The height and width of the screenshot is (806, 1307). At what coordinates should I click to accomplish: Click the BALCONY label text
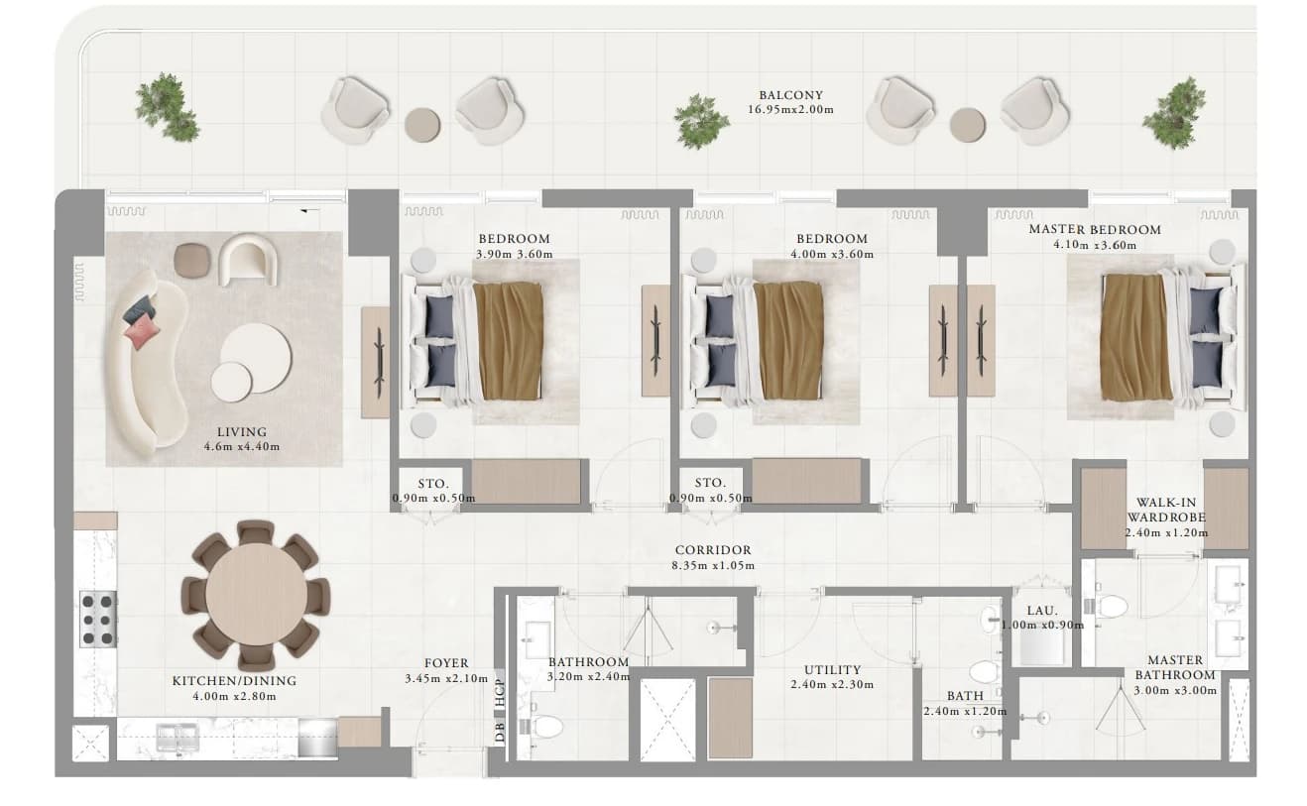[790, 94]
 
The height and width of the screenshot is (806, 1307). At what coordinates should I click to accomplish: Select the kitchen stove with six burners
[98, 619]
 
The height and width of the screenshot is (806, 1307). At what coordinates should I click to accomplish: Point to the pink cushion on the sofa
[142, 333]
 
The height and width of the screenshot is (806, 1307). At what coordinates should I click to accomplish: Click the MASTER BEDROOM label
[1095, 229]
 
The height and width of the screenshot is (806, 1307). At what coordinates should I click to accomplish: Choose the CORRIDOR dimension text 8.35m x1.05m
[713, 565]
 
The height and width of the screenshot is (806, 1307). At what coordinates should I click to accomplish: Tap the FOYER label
[446, 663]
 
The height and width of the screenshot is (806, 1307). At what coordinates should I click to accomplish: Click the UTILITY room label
[832, 669]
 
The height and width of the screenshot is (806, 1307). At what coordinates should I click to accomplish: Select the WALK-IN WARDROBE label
[1166, 510]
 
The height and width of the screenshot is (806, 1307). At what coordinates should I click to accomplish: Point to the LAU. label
[1042, 610]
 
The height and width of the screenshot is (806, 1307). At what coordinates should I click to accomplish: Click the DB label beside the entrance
[500, 732]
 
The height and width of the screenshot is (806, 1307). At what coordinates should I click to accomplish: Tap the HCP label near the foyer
[500, 693]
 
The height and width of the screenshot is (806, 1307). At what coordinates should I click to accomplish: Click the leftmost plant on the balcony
[168, 107]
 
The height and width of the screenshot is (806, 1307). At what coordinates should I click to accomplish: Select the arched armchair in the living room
[248, 260]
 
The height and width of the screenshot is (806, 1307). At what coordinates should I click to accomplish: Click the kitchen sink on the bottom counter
[178, 738]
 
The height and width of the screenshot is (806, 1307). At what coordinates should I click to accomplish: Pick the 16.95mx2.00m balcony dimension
[790, 110]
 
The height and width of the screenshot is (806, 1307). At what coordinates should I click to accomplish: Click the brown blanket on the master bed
[1135, 337]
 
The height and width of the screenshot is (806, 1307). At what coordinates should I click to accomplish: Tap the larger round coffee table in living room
[256, 358]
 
